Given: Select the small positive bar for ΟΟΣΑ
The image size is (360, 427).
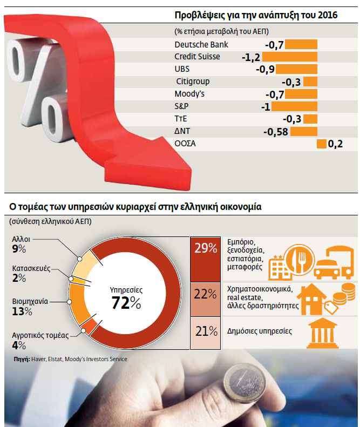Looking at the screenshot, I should [322, 144].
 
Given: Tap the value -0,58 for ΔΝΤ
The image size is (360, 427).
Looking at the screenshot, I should [274, 132].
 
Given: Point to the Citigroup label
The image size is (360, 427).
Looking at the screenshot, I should [193, 82].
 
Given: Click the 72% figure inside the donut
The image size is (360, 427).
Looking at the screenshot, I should [126, 303].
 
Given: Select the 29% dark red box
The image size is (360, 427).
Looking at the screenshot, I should [206, 249].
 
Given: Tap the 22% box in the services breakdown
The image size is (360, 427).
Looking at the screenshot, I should [206, 294].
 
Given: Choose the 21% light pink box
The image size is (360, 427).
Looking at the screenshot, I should [206, 331].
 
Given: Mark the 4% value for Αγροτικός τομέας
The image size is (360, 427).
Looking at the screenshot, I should [18, 345].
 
